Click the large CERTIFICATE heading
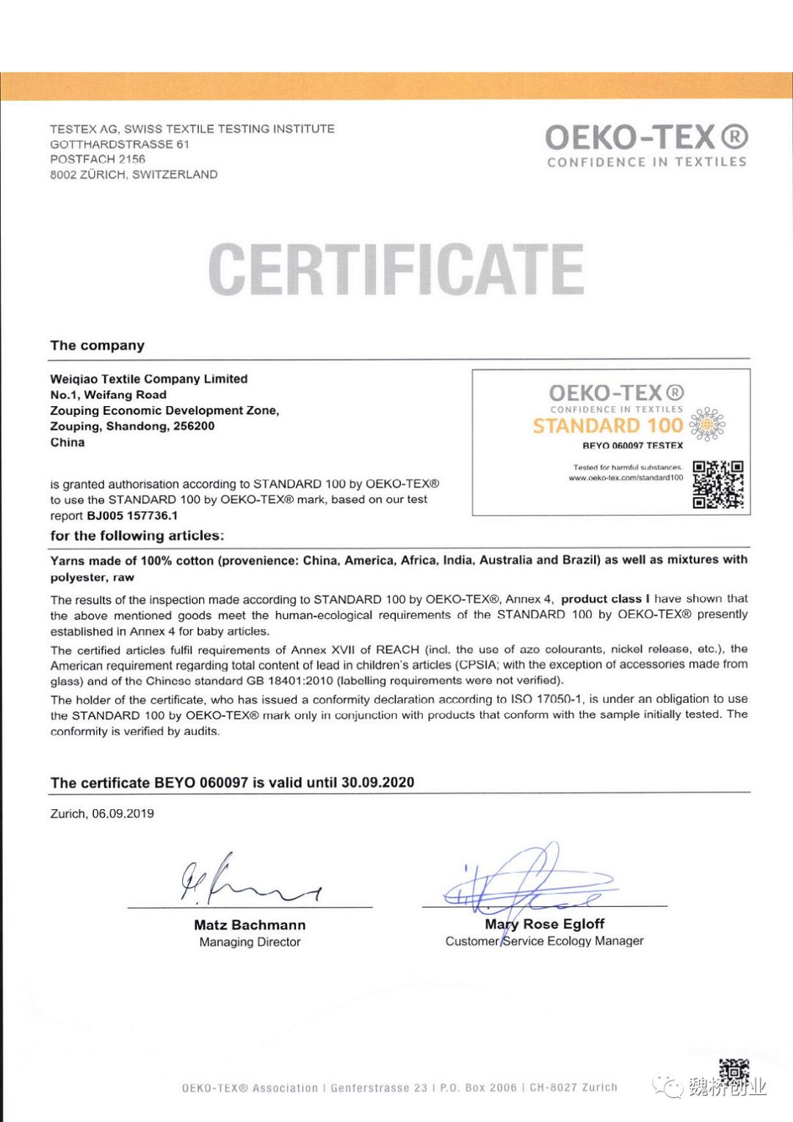pos(396,269)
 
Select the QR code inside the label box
pos(718,484)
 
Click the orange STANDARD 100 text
pos(608,426)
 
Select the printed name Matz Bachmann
pos(250,925)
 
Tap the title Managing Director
pos(250,942)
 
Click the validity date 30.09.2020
pos(377,783)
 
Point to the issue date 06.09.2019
pos(123,814)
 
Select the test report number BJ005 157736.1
pos(132,515)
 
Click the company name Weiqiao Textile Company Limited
pos(149,379)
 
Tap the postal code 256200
pos(194,426)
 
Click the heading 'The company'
pos(98,346)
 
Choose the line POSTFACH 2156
pos(98,159)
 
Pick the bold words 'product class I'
pos(605,599)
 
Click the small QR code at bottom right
pos(734,1070)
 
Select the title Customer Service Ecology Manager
pos(544,941)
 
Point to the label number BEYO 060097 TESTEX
pos(632,446)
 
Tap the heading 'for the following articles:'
pos(137,536)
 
